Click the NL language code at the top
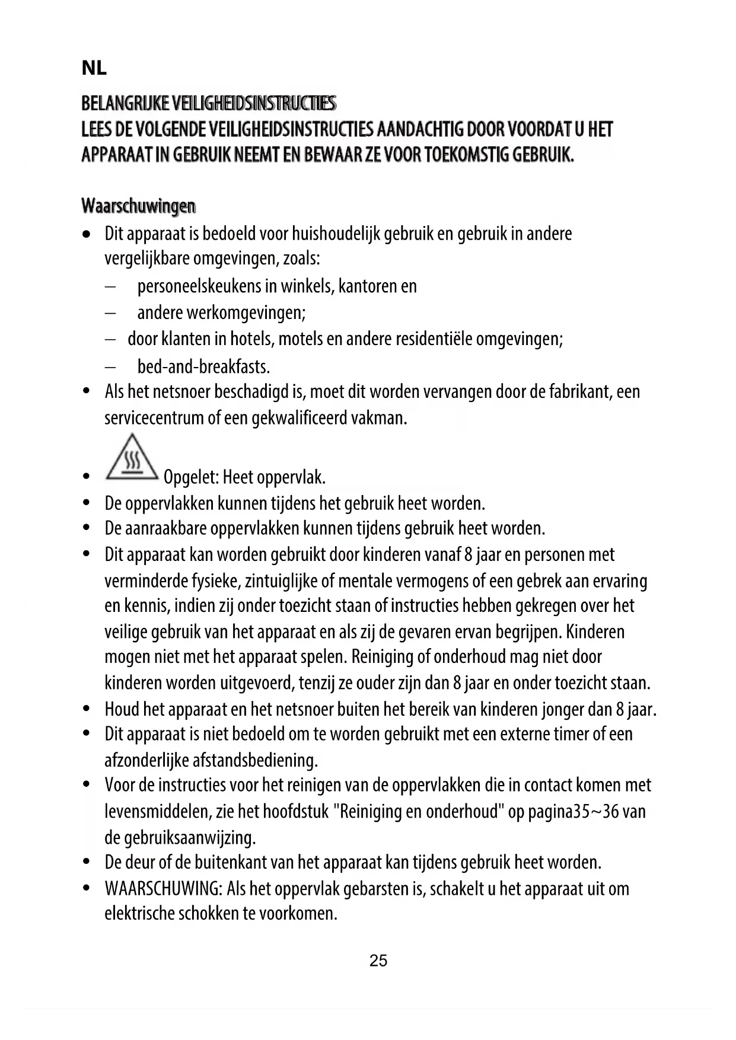tap(94, 69)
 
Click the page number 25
tap(378, 961)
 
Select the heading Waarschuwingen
tap(138, 206)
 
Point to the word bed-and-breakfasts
tap(203, 367)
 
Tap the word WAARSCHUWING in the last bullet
tap(163, 889)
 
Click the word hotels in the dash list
tap(251, 339)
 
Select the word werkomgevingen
tap(246, 312)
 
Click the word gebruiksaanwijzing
tap(189, 838)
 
